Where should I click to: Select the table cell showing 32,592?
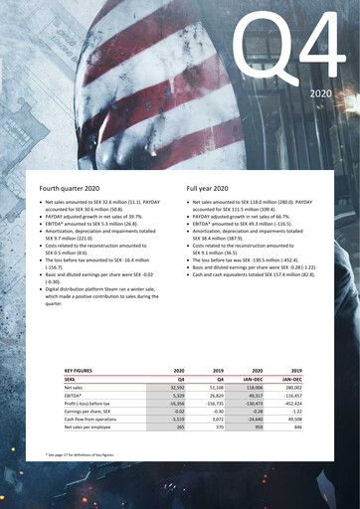175,387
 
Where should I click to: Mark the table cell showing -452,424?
317,403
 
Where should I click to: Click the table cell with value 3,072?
217,419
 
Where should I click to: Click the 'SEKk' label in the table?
70,378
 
